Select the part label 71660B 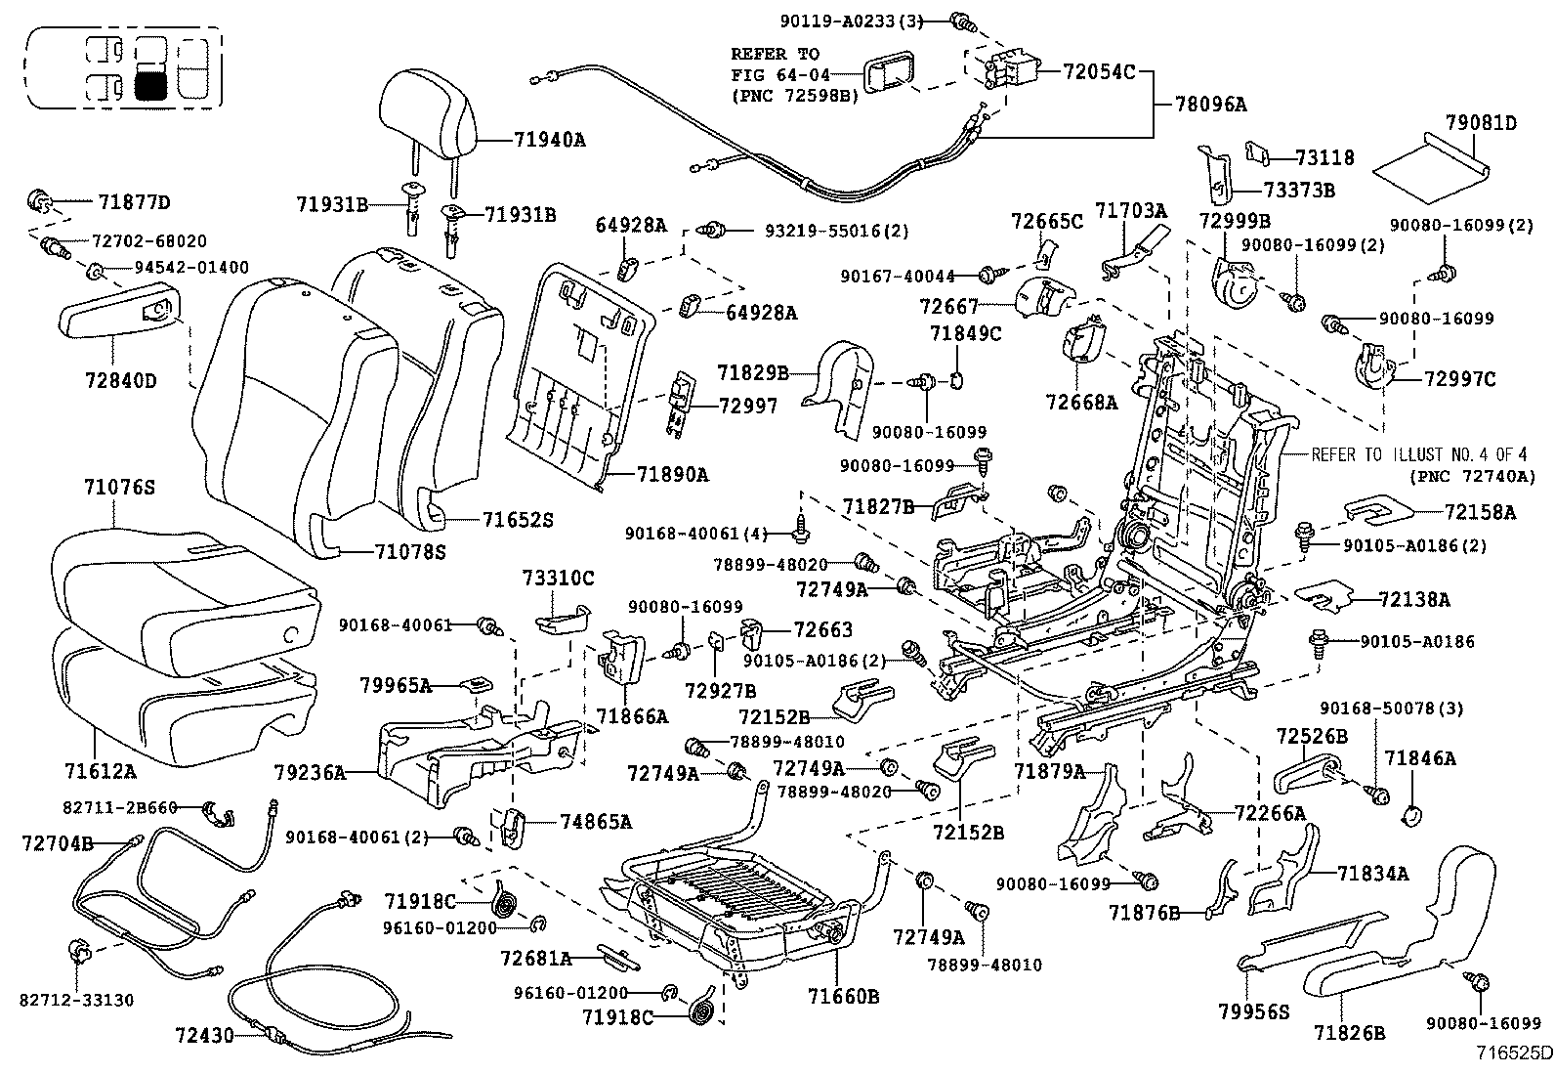(x=844, y=997)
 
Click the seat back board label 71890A (x=672, y=475)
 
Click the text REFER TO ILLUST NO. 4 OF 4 (x=1417, y=455)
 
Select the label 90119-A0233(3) (x=849, y=19)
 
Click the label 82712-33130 (x=77, y=1001)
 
